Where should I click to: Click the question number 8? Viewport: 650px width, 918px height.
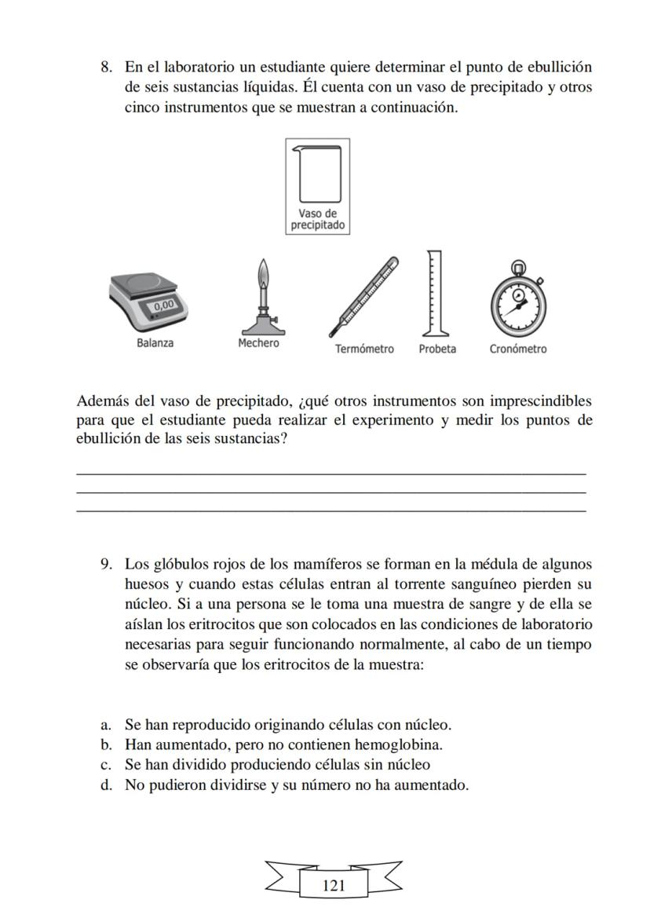pos(106,67)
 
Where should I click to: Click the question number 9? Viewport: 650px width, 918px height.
pos(106,564)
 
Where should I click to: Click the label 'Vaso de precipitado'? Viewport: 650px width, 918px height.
pos(317,219)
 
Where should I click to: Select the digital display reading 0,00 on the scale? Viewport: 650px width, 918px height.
pos(163,305)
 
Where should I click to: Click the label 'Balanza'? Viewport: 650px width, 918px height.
pos(155,343)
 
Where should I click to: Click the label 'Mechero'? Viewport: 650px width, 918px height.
pos(258,343)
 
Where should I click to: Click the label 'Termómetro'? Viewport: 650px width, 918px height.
pos(364,349)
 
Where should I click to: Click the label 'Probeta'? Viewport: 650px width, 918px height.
pos(437,349)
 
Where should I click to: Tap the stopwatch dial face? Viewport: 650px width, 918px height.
pos(518,302)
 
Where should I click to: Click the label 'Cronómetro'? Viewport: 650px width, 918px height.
pos(518,349)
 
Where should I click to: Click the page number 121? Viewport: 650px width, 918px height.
pos(334,886)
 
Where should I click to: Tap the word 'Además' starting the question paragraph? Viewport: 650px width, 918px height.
pos(100,400)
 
